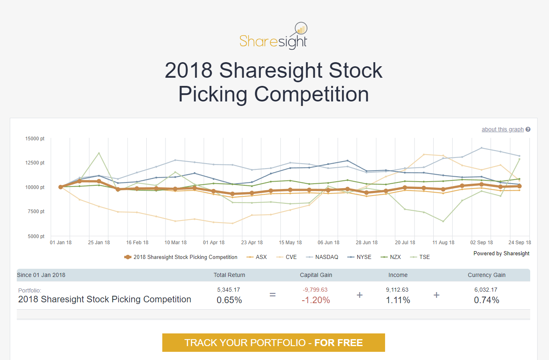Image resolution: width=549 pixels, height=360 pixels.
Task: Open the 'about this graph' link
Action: [x=502, y=129]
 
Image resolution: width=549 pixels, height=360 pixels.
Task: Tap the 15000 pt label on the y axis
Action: [x=35, y=138]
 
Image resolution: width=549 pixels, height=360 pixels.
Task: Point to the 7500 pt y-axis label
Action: [x=36, y=211]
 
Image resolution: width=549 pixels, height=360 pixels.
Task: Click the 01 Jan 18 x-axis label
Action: [x=61, y=243]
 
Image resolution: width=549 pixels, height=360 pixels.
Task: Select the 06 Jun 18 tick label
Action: [x=329, y=243]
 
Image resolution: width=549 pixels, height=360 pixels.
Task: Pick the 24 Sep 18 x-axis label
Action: [x=520, y=243]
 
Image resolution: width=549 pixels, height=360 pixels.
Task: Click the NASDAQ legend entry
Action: [x=326, y=257]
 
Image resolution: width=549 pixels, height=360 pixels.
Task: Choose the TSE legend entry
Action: [x=424, y=257]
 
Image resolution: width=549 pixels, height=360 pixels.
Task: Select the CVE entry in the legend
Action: [x=291, y=257]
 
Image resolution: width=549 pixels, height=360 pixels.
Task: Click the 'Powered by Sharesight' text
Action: [x=501, y=253]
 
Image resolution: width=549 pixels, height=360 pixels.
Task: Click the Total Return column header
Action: [x=229, y=275]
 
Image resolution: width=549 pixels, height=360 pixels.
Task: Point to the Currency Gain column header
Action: [x=486, y=275]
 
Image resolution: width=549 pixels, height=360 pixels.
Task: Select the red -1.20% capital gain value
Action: [x=315, y=300]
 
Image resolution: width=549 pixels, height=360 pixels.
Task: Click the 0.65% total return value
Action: [x=229, y=300]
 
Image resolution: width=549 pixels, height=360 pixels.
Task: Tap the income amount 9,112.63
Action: [x=397, y=290]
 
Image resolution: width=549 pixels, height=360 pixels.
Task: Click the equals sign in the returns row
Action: [x=273, y=295]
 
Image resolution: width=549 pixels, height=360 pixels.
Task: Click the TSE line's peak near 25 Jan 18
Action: [x=99, y=153]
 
